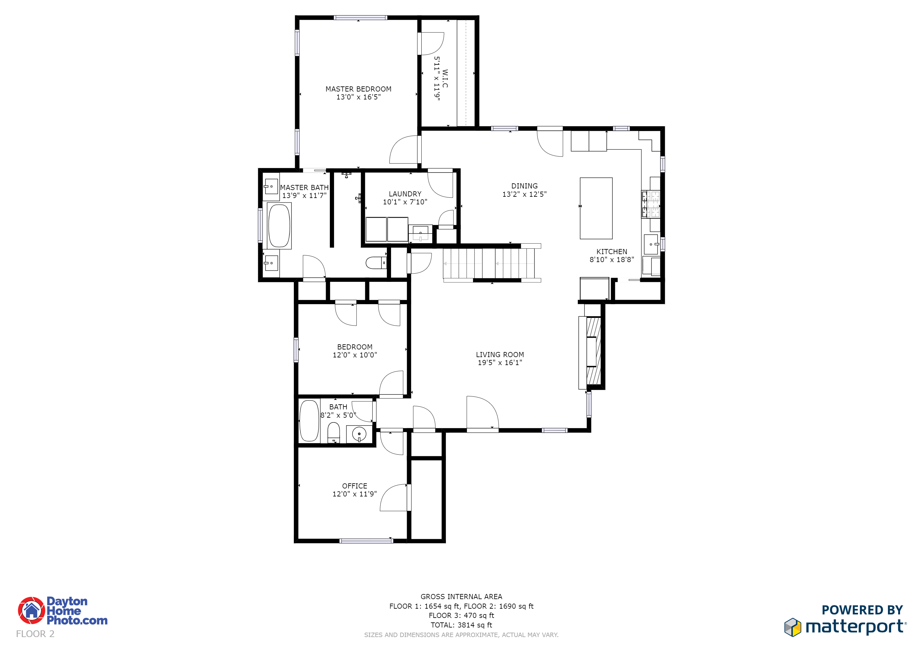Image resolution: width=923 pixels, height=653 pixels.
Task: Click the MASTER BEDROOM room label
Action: (358, 89)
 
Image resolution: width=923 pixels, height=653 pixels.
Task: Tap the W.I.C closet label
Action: (445, 79)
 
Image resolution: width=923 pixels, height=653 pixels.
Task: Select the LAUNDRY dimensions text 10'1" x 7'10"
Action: (405, 202)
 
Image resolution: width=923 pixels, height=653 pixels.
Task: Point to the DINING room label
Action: (524, 186)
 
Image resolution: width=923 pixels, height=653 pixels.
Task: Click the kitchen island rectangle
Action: (596, 208)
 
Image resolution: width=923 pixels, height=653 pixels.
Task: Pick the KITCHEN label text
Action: (611, 252)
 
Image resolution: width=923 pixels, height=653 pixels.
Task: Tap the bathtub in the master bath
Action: (279, 225)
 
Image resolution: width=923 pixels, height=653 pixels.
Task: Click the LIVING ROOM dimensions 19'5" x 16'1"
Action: (500, 363)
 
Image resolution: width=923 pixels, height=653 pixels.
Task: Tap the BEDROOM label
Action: (354, 347)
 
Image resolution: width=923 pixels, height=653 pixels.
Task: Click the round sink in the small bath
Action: (359, 434)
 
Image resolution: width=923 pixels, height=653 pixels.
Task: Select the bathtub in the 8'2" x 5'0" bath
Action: (309, 421)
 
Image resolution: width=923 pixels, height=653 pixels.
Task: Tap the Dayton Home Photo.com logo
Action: (63, 610)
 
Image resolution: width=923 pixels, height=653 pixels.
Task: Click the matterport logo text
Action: (855, 627)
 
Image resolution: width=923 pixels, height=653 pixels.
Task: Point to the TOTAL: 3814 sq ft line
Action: (461, 625)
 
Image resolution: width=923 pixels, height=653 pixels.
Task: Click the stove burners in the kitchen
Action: (650, 204)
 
